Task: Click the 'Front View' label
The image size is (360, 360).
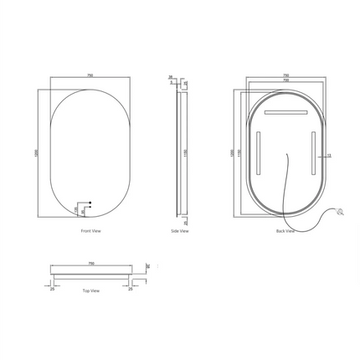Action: coord(90,230)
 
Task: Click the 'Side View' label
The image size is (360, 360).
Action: coord(179,230)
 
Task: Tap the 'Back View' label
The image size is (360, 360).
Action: coord(285,231)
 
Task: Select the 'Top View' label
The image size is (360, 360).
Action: coord(90,291)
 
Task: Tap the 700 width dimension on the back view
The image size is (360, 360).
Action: coord(285,80)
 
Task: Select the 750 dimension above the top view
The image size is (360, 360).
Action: coord(90,262)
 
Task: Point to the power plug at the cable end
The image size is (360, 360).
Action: coord(341,213)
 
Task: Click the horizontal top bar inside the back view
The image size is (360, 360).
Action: coord(285,111)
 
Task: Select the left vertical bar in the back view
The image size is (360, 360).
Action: coord(259,152)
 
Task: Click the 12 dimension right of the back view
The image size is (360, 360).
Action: coord(329,155)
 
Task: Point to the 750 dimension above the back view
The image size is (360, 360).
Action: coord(285,75)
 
